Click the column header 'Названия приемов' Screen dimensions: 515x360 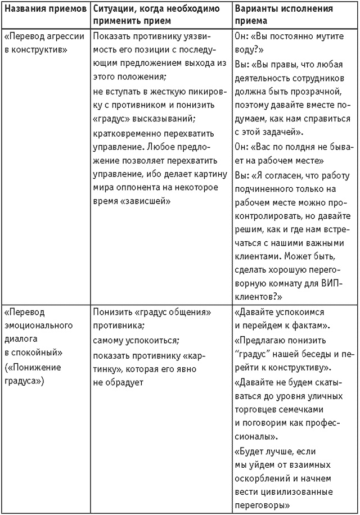point(44,9)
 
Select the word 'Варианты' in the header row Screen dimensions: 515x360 point(255,9)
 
